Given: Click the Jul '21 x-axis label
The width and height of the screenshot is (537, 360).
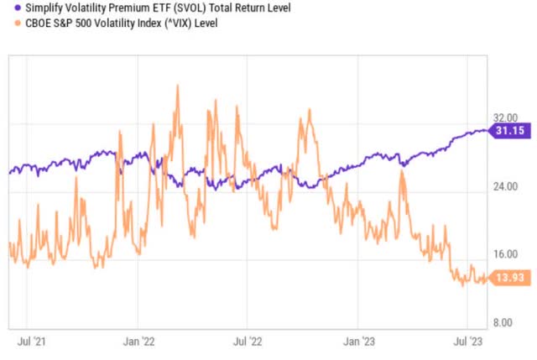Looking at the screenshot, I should (31, 342).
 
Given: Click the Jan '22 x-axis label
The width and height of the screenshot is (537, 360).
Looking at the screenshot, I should (138, 342).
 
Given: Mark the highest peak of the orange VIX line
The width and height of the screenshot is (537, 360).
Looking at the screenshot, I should (177, 86).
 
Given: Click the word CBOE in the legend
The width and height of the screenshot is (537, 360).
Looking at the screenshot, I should (30, 23).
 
